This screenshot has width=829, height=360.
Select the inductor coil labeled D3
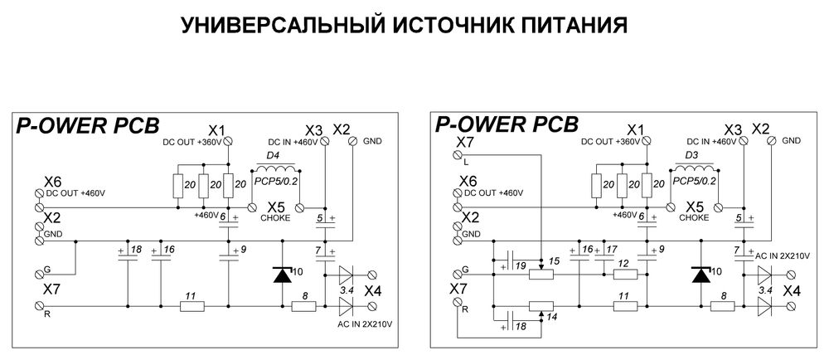coord(694,170)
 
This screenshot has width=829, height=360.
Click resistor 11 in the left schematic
coord(192,306)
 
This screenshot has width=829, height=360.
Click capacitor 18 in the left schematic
coord(128,256)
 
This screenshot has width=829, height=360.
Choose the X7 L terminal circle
coord(457,154)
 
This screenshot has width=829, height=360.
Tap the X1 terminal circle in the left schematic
coord(228,138)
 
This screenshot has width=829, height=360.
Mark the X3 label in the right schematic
coord(732,130)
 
